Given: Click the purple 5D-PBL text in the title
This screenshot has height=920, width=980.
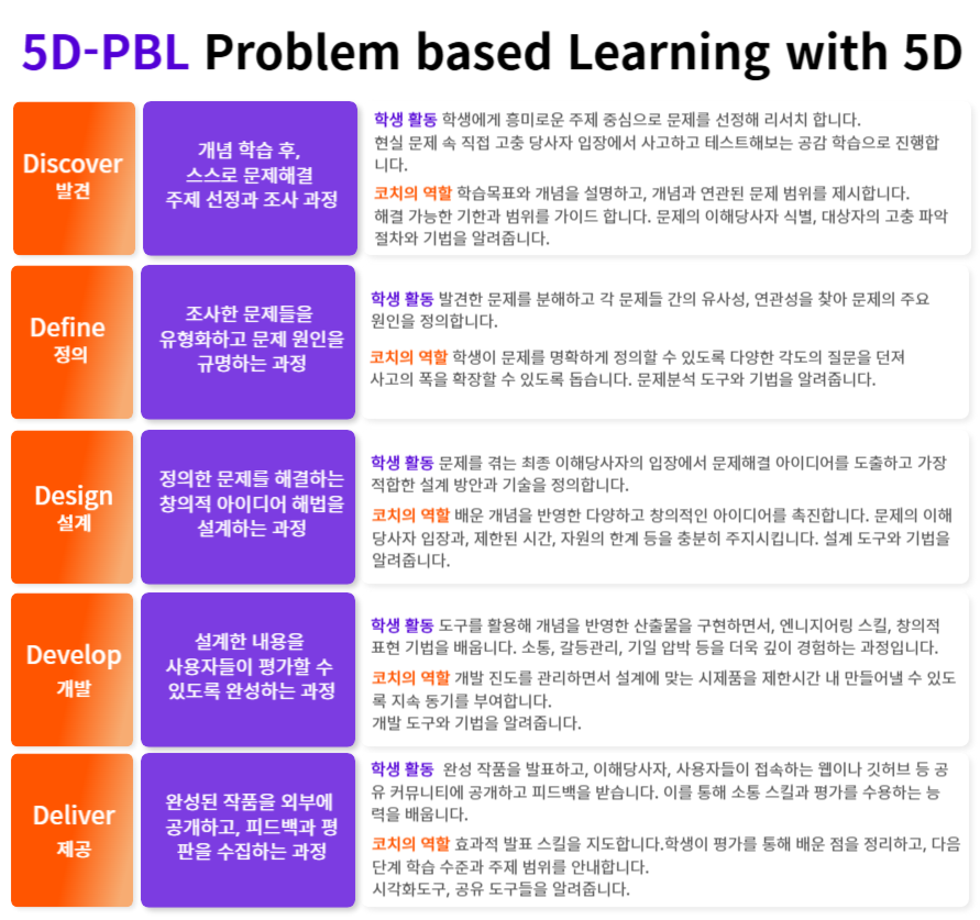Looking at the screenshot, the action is [105, 52].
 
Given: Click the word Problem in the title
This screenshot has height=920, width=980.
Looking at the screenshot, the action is [301, 52].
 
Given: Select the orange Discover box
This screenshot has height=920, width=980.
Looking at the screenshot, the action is [74, 179].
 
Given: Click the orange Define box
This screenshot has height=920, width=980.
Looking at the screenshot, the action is [72, 342].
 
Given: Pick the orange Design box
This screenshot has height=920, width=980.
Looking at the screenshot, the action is [72, 506].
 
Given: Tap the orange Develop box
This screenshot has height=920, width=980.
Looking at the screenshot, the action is [72, 669].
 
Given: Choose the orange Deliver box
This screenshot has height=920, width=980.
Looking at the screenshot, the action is [72, 830].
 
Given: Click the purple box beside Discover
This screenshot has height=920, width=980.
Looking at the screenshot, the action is [250, 179].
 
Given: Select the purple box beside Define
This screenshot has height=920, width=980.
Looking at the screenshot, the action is [248, 342].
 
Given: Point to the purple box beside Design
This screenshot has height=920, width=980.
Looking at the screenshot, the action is [248, 506].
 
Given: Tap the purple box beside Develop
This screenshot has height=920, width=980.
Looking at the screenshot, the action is [248, 669].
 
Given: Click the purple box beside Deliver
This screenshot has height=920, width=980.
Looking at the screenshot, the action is [248, 830].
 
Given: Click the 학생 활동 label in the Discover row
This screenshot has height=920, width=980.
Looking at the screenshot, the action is [405, 120].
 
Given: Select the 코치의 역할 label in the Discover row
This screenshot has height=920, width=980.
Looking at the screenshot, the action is [412, 193].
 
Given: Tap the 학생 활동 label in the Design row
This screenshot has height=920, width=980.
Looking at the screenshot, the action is [403, 463].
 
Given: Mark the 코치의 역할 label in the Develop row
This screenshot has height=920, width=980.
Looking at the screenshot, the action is [411, 678].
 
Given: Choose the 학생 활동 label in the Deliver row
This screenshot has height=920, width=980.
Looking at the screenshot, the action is [403, 769].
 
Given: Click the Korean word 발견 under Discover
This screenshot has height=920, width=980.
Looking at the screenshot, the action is [73, 191].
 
